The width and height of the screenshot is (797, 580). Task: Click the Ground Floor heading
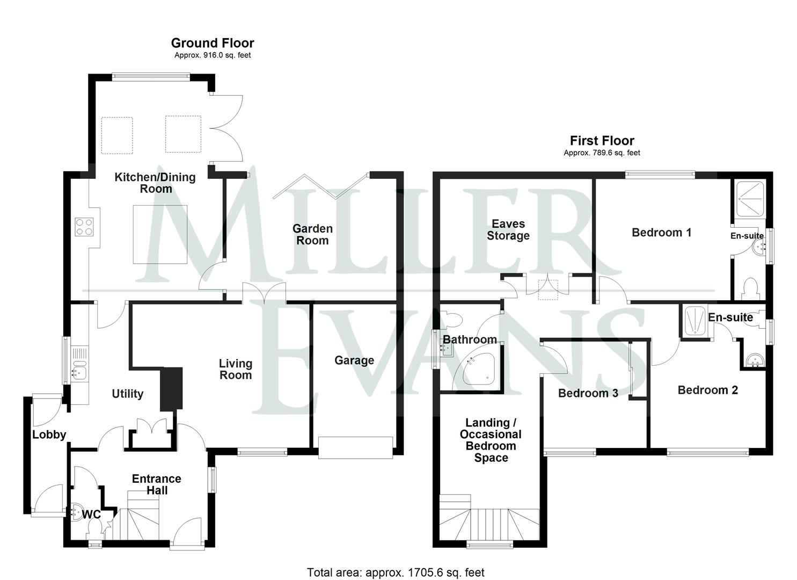pyautogui.click(x=213, y=43)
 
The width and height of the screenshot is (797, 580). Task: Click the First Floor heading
pyautogui.click(x=602, y=141)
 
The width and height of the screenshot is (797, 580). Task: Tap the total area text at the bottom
pyautogui.click(x=396, y=572)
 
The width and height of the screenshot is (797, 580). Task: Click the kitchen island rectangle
pyautogui.click(x=160, y=234)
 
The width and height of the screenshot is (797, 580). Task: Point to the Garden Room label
pyautogui.click(x=312, y=235)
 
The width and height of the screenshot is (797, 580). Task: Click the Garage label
pyautogui.click(x=354, y=360)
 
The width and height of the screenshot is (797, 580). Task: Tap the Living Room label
pyautogui.click(x=236, y=369)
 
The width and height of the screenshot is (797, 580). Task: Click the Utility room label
pyautogui.click(x=127, y=394)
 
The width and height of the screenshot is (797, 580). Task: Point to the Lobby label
pyautogui.click(x=49, y=434)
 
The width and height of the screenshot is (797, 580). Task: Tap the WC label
pyautogui.click(x=91, y=514)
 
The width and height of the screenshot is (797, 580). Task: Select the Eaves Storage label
pyautogui.click(x=508, y=230)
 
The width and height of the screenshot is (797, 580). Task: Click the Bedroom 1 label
pyautogui.click(x=661, y=233)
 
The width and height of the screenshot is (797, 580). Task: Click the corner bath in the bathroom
pyautogui.click(x=475, y=371)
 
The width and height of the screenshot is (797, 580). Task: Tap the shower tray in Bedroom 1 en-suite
pyautogui.click(x=751, y=199)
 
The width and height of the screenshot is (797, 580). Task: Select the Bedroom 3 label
pyautogui.click(x=588, y=393)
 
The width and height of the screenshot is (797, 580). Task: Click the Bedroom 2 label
pyautogui.click(x=707, y=390)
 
